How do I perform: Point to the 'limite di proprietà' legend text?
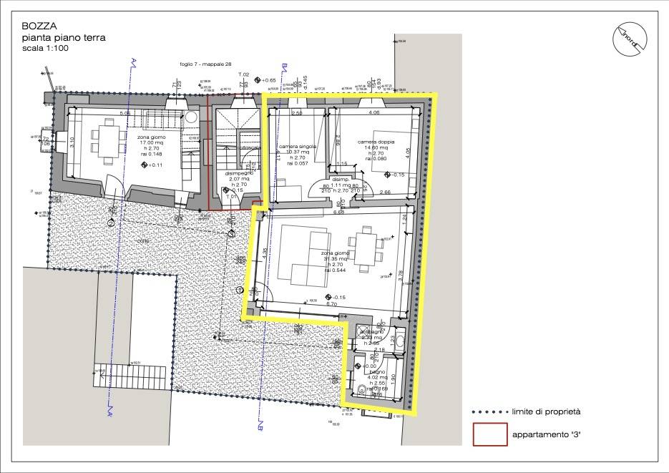click(545, 411)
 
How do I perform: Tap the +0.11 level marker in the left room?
click(152, 165)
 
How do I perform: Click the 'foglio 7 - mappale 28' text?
click(206, 64)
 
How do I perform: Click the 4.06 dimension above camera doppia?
click(373, 113)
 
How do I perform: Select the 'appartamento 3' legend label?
click(540, 434)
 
